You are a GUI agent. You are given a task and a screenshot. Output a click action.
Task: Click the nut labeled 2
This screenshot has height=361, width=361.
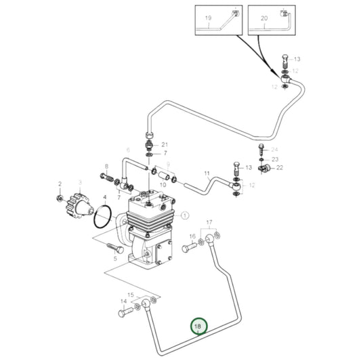pos(60,198)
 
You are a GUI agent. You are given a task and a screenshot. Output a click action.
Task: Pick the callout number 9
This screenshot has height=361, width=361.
pos(207,174)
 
